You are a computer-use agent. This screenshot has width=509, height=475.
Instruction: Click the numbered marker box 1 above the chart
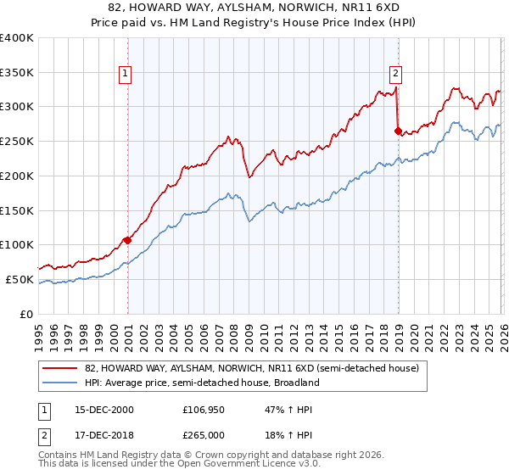pos(125,74)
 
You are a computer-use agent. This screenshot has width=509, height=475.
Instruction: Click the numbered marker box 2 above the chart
pos(396,74)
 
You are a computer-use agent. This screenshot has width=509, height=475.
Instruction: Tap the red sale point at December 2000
pos(128,240)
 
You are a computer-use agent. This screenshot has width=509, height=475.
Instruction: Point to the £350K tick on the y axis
pos(17,73)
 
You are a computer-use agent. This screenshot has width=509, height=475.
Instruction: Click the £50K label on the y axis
pos(20,279)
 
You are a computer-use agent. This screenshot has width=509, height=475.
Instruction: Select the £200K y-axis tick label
pos(17,176)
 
